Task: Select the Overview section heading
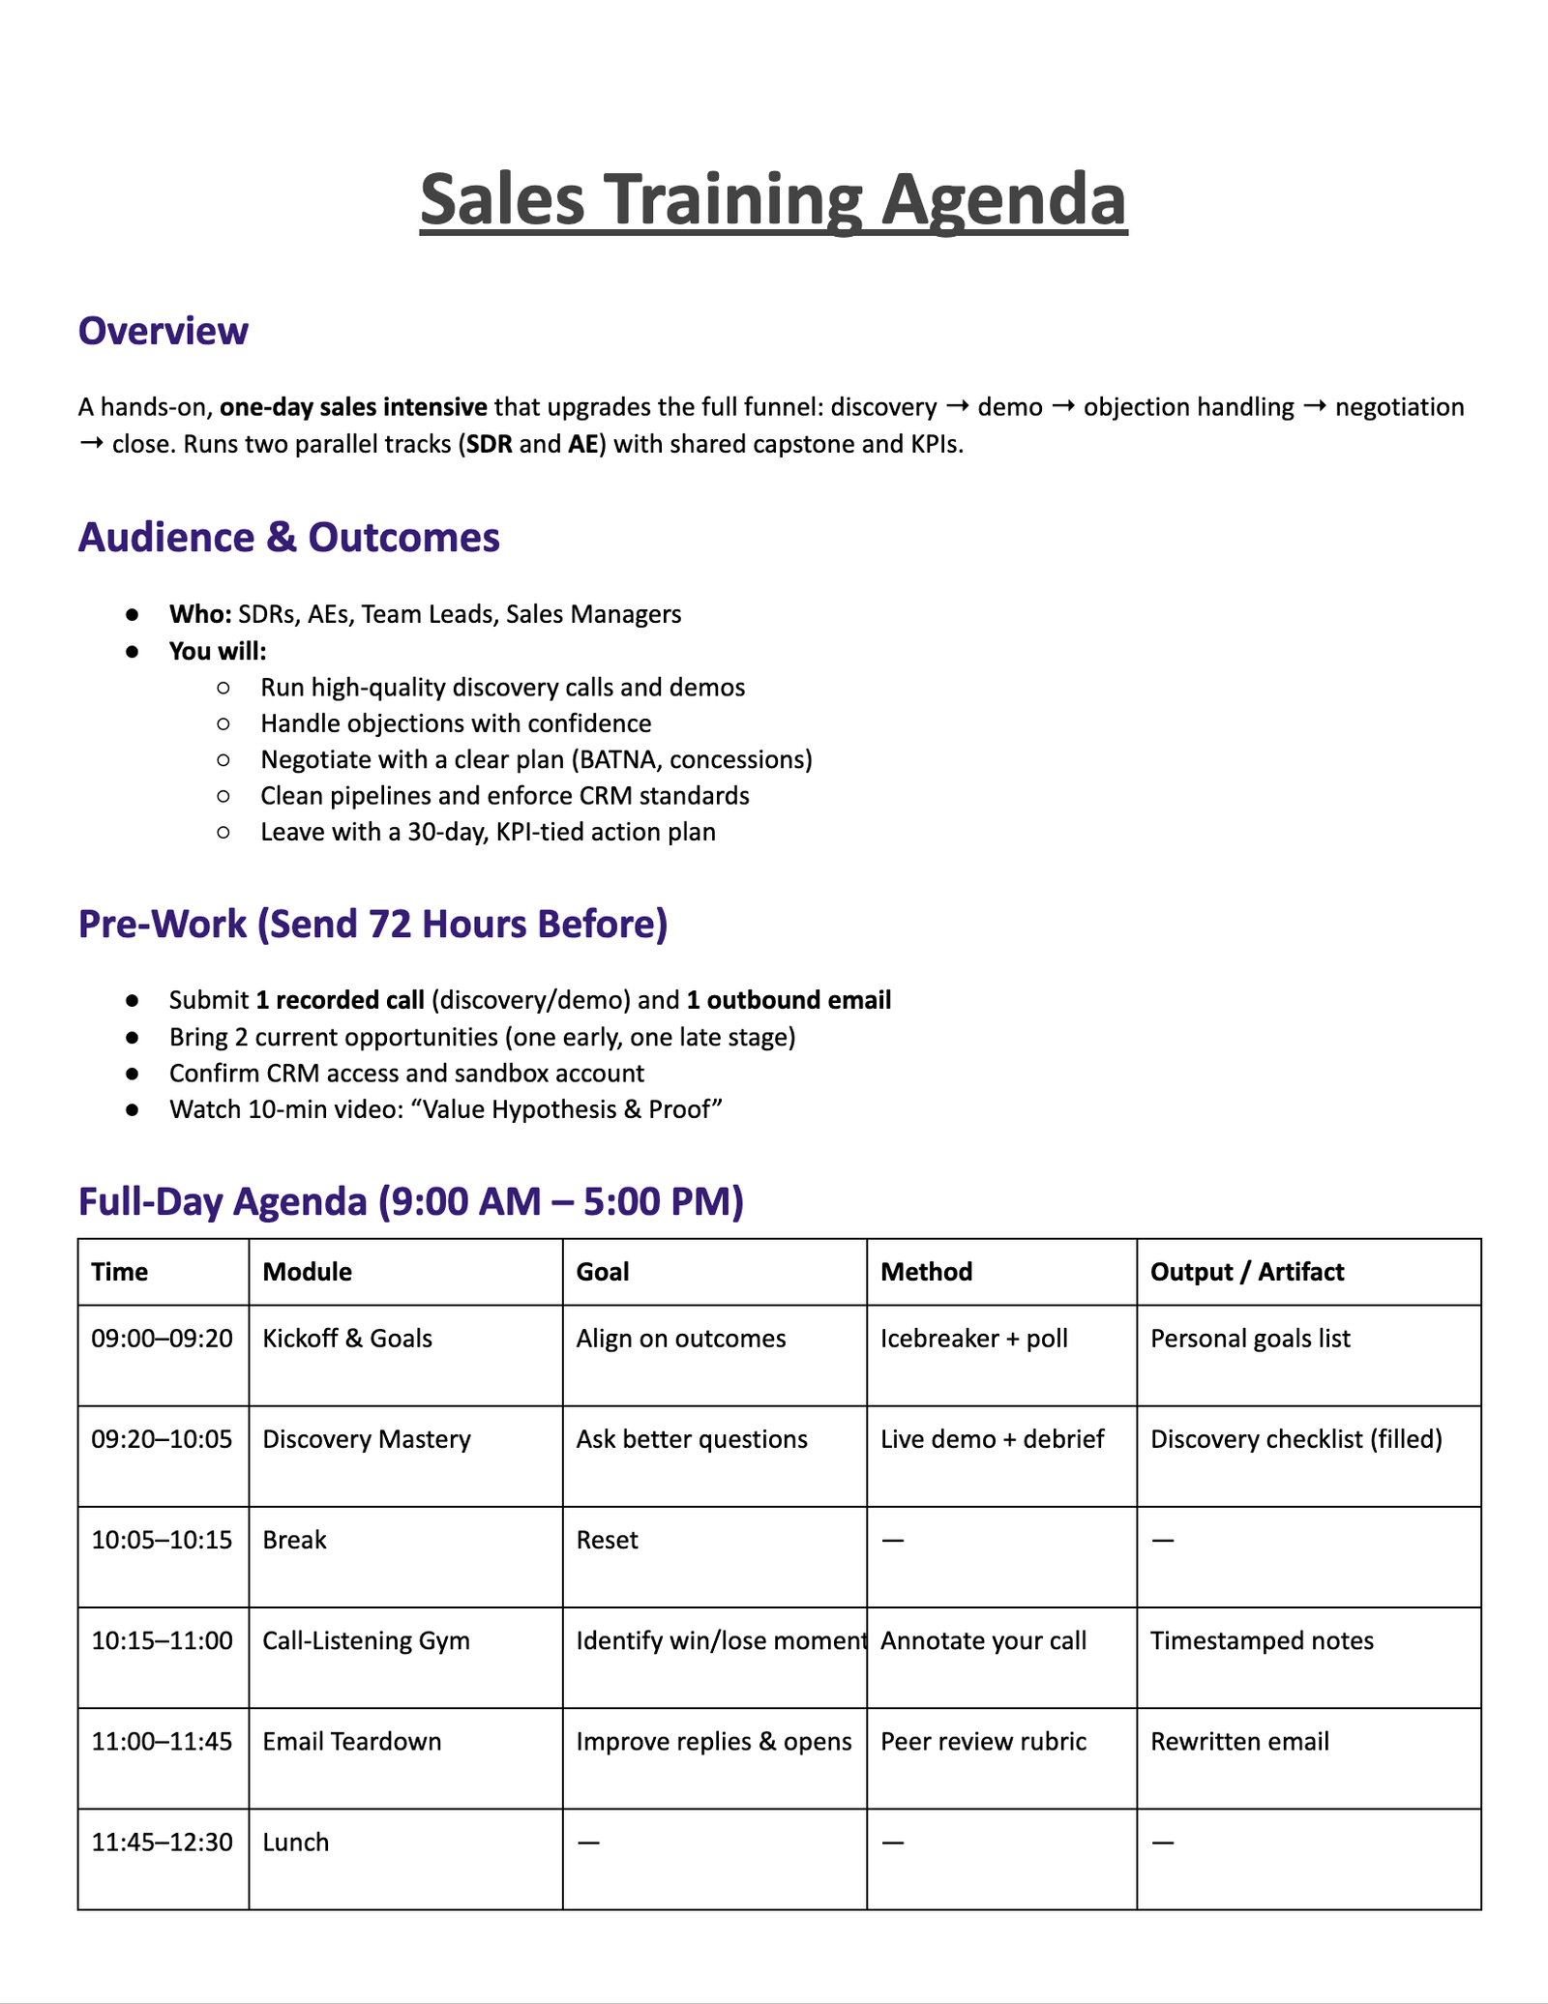(x=163, y=331)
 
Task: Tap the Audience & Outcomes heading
(x=288, y=537)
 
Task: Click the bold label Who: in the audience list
(x=199, y=614)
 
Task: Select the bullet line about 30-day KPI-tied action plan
(x=488, y=832)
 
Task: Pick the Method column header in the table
(x=926, y=1271)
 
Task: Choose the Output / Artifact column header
(x=1246, y=1271)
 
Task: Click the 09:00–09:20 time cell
(x=162, y=1339)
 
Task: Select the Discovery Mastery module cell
(x=367, y=1439)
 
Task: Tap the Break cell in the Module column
(x=294, y=1540)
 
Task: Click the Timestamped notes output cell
(x=1261, y=1640)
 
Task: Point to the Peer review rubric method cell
(x=983, y=1741)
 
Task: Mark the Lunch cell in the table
(x=295, y=1842)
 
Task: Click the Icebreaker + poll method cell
(x=973, y=1339)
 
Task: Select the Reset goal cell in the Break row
(x=607, y=1540)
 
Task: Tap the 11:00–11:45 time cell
(x=162, y=1741)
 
